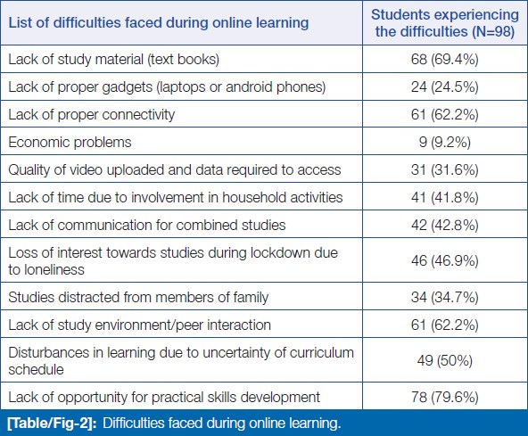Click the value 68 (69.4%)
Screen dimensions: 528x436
click(x=444, y=60)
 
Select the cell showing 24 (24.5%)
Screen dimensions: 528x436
click(x=444, y=87)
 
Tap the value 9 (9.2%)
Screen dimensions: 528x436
click(x=444, y=143)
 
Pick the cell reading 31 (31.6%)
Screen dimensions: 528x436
click(x=444, y=170)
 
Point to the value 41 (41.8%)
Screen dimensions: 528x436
click(x=444, y=198)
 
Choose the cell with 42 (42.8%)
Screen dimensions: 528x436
click(x=444, y=226)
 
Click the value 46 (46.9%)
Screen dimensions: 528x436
click(x=444, y=261)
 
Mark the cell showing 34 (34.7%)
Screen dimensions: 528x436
click(x=444, y=298)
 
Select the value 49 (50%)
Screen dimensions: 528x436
click(x=444, y=361)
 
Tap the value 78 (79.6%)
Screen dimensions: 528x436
click(x=444, y=398)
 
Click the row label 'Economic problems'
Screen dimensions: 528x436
click(x=70, y=143)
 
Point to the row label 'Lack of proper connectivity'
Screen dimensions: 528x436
click(x=92, y=115)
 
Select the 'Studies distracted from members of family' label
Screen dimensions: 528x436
click(x=138, y=298)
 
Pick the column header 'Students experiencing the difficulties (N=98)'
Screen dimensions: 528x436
click(x=445, y=23)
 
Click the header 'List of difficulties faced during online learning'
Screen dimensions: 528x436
click(x=158, y=23)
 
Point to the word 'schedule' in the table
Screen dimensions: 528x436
click(x=36, y=370)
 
